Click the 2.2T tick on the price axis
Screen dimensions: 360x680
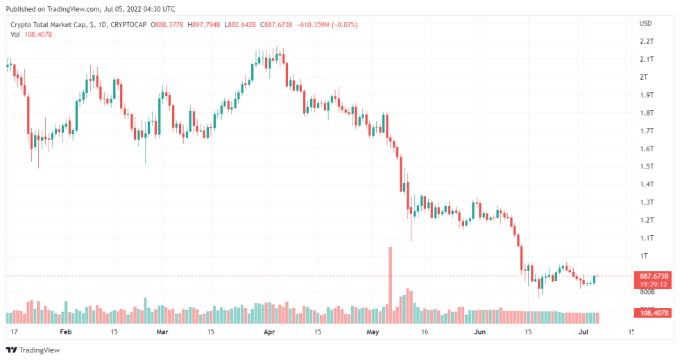(646, 42)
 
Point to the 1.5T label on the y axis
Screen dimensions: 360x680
(646, 166)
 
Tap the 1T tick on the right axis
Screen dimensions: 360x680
(643, 256)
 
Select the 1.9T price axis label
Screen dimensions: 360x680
(646, 95)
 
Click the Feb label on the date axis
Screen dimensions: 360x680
(65, 332)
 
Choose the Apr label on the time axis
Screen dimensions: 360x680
(269, 332)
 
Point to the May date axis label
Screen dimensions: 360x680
(374, 332)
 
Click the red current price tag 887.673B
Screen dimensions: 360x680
(654, 276)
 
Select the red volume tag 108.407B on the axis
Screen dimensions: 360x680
(654, 313)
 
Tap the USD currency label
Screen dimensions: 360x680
(645, 24)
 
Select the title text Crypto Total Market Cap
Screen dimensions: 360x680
(48, 25)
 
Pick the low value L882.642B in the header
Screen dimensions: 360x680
(240, 25)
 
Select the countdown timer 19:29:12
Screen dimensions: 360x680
(654, 284)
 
